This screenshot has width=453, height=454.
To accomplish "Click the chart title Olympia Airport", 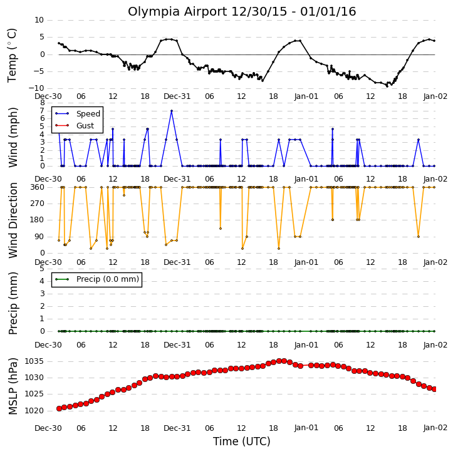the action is click(177, 12).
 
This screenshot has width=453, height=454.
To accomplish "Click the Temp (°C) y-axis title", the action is click(12, 55).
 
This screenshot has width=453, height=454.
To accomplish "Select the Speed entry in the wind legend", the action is click(88, 114).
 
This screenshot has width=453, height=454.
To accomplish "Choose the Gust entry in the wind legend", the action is click(85, 126).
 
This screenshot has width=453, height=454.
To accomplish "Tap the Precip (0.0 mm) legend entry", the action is click(108, 279).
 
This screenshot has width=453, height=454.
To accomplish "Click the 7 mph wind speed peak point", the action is click(172, 111).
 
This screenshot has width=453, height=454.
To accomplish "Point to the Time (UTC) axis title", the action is click(242, 441).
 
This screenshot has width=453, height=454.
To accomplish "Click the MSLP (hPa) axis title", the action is click(13, 386).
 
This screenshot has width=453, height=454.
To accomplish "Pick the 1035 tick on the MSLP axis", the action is click(34, 361).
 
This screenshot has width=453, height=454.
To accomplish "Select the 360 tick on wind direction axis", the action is click(38, 187).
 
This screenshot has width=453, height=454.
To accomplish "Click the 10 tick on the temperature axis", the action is click(39, 20).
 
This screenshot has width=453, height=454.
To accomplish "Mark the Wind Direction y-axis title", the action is click(13, 220).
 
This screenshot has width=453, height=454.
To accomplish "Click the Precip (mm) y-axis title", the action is click(13, 303).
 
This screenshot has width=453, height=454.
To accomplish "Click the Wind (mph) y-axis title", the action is click(13, 137).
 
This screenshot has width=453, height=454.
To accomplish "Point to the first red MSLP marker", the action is click(59, 408).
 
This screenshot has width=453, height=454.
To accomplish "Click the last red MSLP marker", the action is click(434, 390).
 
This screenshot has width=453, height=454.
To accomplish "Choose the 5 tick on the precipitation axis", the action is click(42, 269).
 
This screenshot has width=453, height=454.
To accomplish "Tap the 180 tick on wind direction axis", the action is click(38, 220).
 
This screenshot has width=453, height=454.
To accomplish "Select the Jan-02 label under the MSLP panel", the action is click(435, 428).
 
